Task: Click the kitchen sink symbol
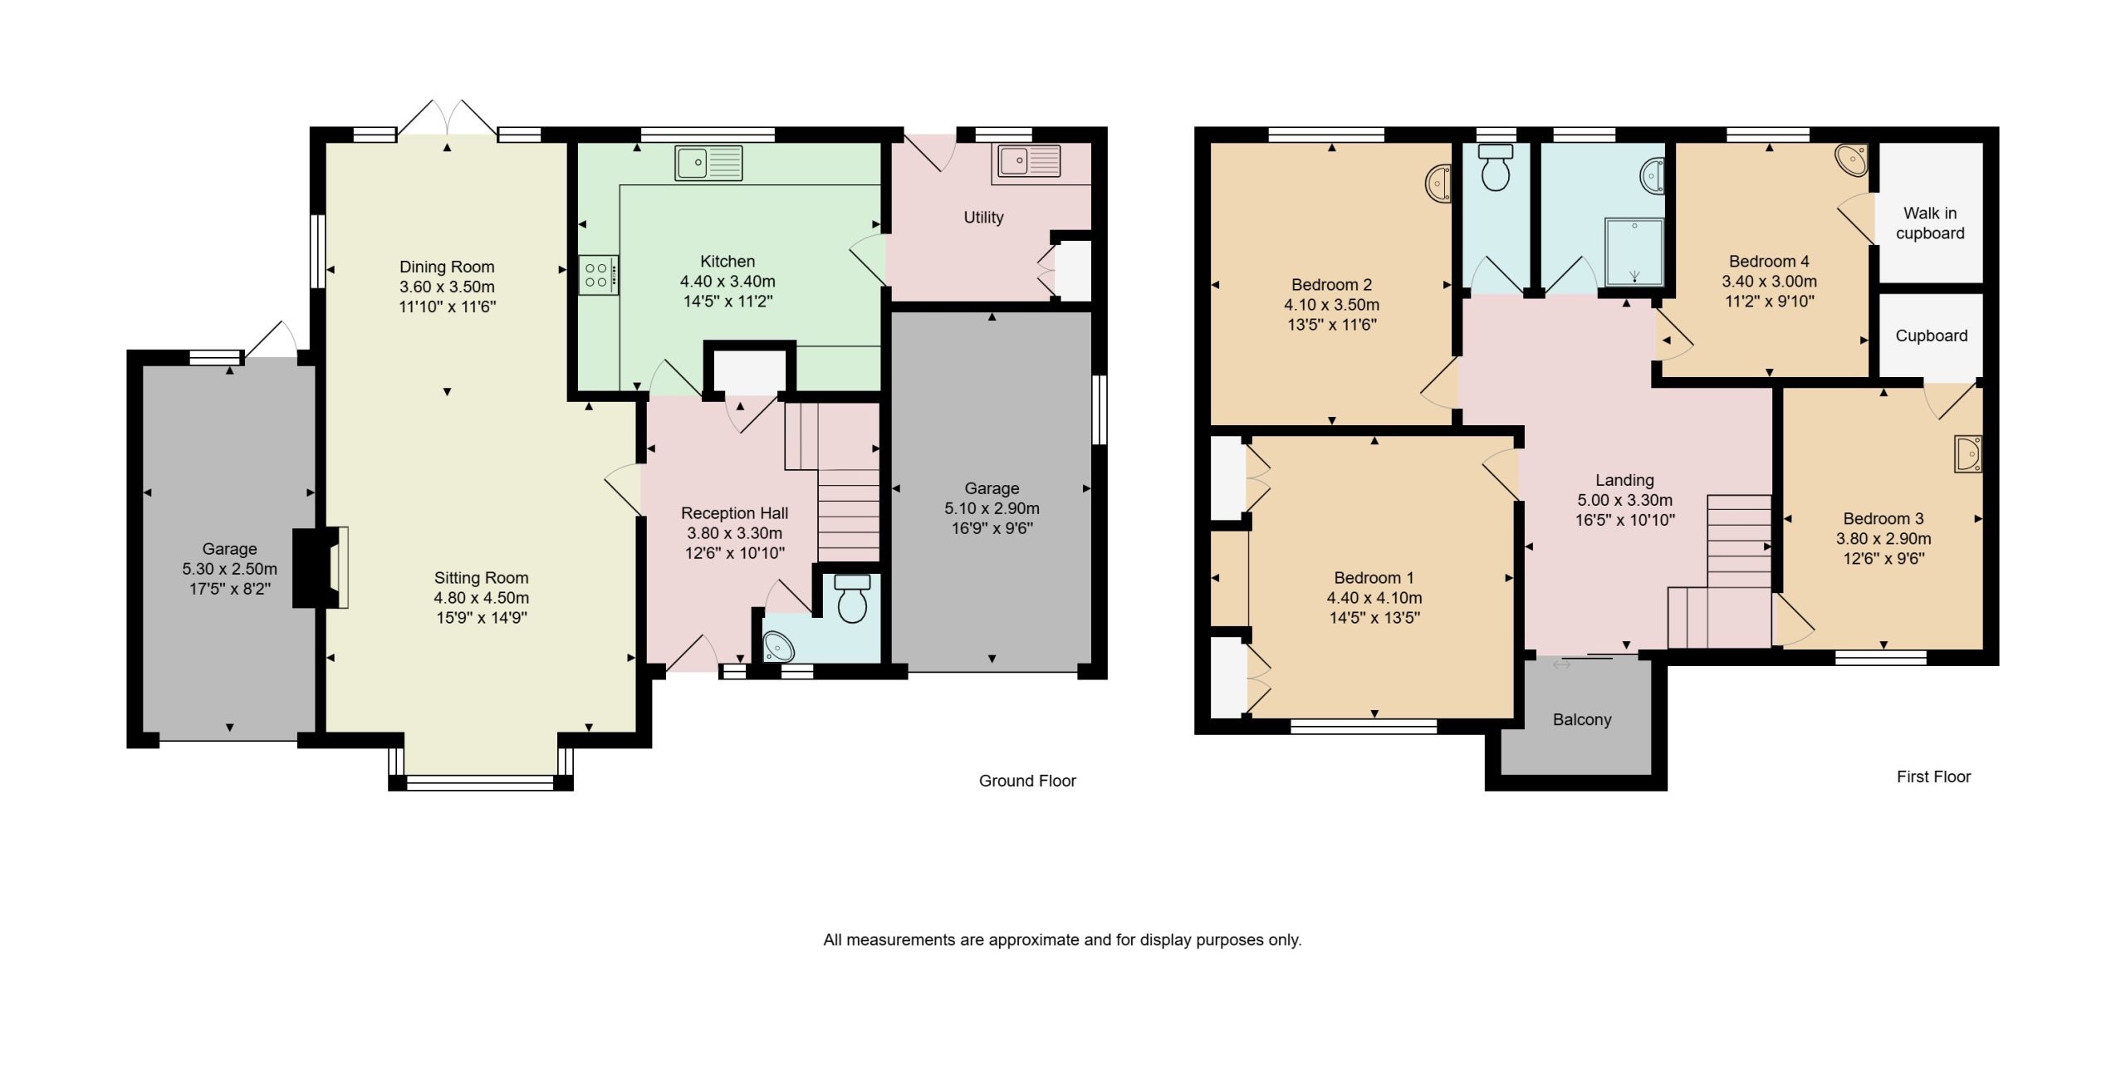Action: point(708,163)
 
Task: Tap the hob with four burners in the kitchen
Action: point(599,275)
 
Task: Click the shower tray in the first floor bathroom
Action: point(1634,252)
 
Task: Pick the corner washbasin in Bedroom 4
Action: point(1851,161)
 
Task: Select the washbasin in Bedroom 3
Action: point(1968,454)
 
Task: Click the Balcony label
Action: point(1582,720)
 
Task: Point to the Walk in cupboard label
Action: point(1930,223)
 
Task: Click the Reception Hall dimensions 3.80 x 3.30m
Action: point(734,533)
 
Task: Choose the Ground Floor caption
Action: point(1027,781)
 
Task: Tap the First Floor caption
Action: point(1933,777)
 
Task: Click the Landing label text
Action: point(1624,480)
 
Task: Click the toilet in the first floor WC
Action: point(1496,168)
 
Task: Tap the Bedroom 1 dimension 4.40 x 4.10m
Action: point(1374,598)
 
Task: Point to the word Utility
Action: point(983,218)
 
